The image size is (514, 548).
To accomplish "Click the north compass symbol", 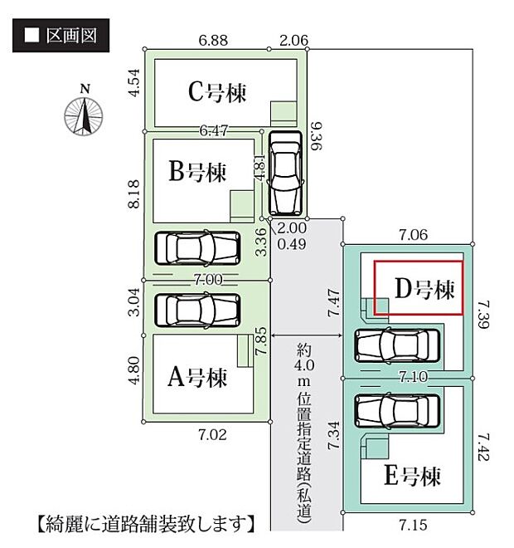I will coord(84,114).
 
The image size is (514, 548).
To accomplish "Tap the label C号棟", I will coord(217,91).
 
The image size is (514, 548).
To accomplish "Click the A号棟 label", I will coord(197,378).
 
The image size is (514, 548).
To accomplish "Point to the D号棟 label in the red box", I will coord(424,290).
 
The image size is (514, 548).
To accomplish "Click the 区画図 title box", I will coord(60,36).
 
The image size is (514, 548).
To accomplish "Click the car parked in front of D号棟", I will coord(397,345).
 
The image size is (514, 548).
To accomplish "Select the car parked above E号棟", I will coord(397,409).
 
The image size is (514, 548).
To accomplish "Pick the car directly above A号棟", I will coord(197,308).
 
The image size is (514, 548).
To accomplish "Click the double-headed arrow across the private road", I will coord(305,335).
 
